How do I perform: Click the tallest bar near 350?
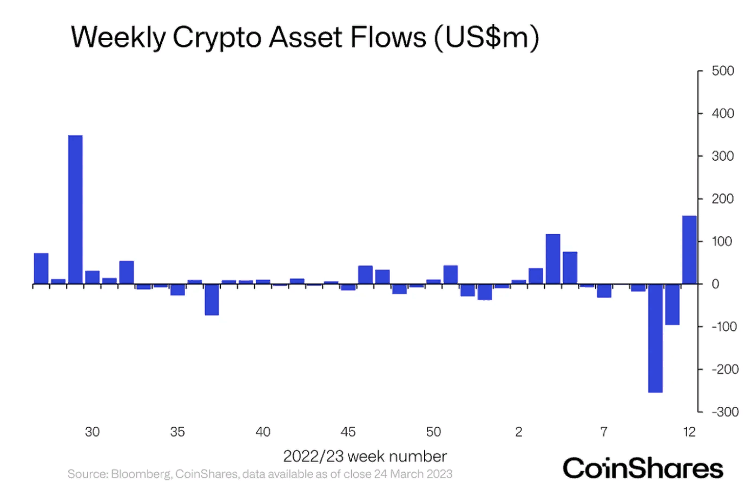[x=75, y=209]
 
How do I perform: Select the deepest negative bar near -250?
[x=655, y=338]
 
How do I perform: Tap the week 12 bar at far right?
[x=689, y=250]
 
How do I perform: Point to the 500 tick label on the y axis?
[x=723, y=71]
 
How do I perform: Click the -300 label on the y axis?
[x=724, y=412]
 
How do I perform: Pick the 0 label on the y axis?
[x=715, y=284]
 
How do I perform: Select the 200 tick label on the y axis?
[x=723, y=199]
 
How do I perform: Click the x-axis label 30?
[x=93, y=432]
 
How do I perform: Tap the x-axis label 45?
[x=348, y=432]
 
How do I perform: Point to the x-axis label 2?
[x=519, y=432]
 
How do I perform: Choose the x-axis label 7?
[x=604, y=432]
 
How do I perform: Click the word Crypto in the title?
[x=216, y=38]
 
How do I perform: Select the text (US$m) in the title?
[x=486, y=38]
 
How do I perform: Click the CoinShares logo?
[x=643, y=468]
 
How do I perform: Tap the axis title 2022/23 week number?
[x=365, y=456]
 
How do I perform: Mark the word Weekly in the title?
[x=118, y=38]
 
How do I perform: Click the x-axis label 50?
[x=433, y=432]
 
